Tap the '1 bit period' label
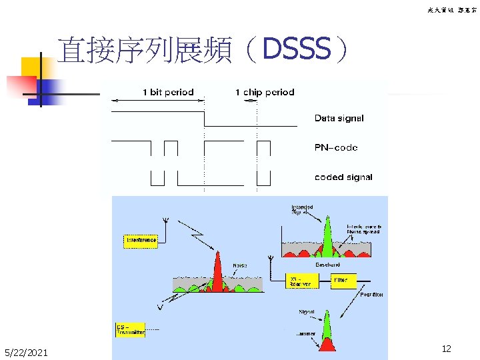pyautogui.click(x=168, y=93)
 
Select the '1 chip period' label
pyautogui.click(x=265, y=93)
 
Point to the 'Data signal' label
pyautogui.click(x=339, y=119)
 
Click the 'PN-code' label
pyautogui.click(x=336, y=148)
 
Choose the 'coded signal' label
pyautogui.click(x=343, y=177)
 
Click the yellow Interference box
pyautogui.click(x=141, y=240)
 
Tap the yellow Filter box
pyautogui.click(x=344, y=281)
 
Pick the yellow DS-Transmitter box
pyautogui.click(x=130, y=329)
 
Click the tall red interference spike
pyautogui.click(x=217, y=270)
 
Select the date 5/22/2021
pyautogui.click(x=26, y=352)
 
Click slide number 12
pyautogui.click(x=447, y=349)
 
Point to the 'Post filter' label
pyautogui.click(x=371, y=294)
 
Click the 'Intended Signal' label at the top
pyautogui.click(x=301, y=210)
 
